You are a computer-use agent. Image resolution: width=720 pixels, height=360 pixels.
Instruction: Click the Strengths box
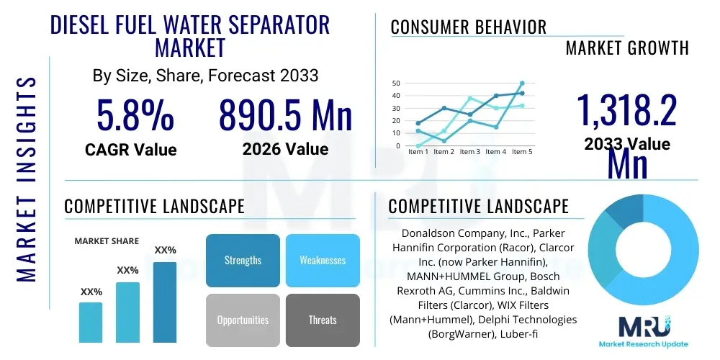[x=243, y=260]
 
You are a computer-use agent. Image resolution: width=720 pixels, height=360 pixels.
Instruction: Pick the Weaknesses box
[x=323, y=260]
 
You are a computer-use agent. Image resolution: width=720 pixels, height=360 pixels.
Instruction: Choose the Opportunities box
[x=243, y=320]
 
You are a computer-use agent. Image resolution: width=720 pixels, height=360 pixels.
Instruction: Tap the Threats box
[x=323, y=320]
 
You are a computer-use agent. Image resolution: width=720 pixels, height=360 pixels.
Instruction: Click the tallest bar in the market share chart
[x=165, y=302]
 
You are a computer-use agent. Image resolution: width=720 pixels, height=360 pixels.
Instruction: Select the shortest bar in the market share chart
[x=91, y=323]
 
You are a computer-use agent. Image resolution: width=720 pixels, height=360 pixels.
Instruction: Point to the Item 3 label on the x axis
[x=469, y=152]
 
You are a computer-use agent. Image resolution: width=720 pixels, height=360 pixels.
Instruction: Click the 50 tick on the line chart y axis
[x=395, y=84]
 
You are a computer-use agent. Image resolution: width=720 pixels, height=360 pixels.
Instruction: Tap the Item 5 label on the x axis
[x=521, y=152]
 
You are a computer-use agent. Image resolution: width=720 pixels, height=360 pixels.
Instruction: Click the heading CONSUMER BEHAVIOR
[x=468, y=27]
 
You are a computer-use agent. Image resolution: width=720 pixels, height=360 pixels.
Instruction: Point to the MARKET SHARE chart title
[x=107, y=241]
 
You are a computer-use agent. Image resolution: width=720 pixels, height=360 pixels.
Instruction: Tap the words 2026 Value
[x=285, y=149]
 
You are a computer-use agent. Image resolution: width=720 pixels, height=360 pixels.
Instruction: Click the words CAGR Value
[x=130, y=149]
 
